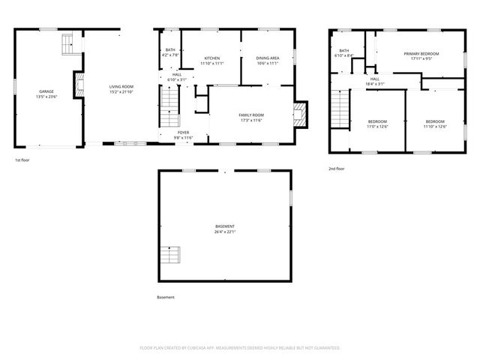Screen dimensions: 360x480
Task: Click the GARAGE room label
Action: click(46, 91)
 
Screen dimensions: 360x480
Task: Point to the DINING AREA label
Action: click(268, 58)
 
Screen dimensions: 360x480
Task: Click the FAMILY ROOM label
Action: click(251, 115)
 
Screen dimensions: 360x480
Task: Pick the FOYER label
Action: click(184, 133)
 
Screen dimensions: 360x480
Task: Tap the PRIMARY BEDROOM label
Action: click(421, 54)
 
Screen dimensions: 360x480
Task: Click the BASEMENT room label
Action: click(225, 226)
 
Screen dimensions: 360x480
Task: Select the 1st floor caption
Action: click(22, 160)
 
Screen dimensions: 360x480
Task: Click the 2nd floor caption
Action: click(337, 169)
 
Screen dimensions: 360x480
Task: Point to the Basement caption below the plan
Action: click(166, 297)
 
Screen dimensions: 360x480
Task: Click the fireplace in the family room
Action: click(300, 115)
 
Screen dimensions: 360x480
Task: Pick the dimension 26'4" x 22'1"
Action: click(225, 232)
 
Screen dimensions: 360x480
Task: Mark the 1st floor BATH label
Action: click(170, 50)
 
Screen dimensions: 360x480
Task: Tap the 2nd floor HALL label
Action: click(374, 79)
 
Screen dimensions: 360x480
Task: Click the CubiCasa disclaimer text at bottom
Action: click(240, 348)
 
